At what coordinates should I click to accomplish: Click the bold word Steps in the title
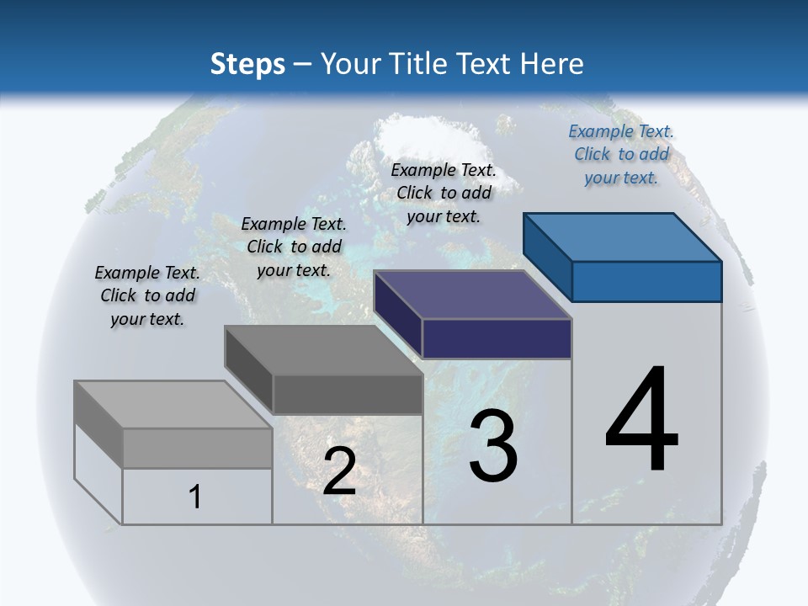point(247,64)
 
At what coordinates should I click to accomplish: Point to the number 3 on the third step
point(493,446)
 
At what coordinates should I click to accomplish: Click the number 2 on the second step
point(339,471)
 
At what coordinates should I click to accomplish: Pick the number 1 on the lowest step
point(195,497)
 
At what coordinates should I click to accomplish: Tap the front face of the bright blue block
point(646,281)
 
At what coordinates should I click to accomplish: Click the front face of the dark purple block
point(497,338)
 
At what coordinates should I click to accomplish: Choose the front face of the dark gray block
point(347,394)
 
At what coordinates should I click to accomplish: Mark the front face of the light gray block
point(197,448)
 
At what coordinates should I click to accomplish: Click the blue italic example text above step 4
point(621,155)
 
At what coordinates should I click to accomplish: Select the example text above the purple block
point(444,193)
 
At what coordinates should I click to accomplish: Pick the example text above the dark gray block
point(294,247)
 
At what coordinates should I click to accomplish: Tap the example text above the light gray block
point(147,295)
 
